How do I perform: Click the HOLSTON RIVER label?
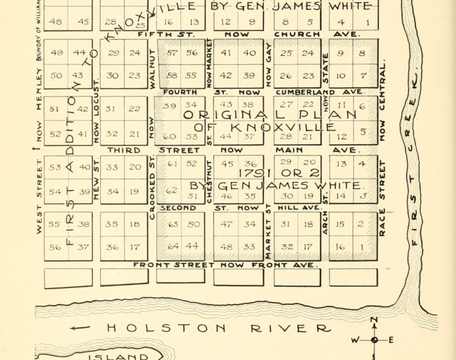pos(218,328)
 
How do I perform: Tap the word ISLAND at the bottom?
pos(119,356)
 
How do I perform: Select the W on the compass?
pos(354,340)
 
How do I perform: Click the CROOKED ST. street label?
pos(152,186)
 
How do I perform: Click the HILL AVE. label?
pos(302,208)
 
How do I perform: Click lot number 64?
pos(173,247)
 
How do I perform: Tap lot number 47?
pos(226,224)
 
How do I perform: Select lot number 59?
pos(170,105)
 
